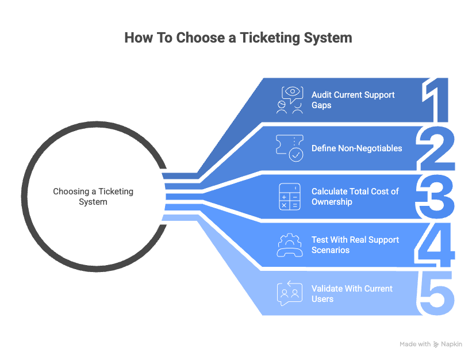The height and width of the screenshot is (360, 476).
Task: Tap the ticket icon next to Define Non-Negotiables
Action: [290, 148]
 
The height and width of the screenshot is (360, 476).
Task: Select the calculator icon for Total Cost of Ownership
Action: [289, 197]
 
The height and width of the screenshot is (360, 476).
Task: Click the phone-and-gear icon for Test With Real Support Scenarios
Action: [290, 245]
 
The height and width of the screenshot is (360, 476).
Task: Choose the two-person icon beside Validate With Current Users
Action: [289, 293]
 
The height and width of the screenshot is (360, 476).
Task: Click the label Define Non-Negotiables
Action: [356, 148]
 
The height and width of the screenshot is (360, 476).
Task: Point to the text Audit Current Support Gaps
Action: [352, 99]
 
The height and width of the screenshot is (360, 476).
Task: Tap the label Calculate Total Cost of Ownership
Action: [355, 197]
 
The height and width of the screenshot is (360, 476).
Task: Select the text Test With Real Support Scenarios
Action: [355, 245]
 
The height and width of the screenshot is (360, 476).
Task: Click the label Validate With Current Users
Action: [352, 293]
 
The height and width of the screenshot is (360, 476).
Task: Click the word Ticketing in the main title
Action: [271, 38]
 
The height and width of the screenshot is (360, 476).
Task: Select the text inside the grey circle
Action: [93, 197]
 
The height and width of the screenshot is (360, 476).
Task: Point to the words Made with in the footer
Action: [415, 344]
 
